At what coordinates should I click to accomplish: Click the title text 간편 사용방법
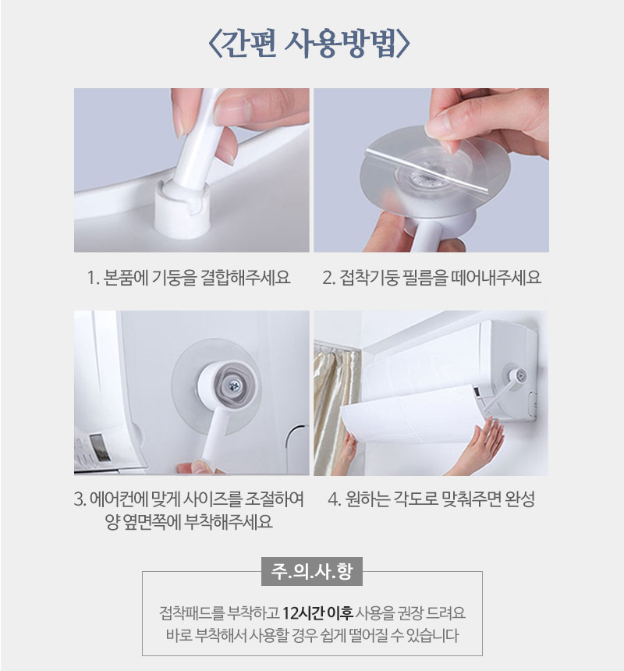tap(310, 44)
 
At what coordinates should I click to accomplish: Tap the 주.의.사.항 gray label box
tap(312, 571)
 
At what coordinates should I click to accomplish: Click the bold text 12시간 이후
tap(317, 612)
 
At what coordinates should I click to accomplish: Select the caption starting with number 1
tap(189, 277)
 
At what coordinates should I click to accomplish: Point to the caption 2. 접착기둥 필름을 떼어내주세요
tap(432, 277)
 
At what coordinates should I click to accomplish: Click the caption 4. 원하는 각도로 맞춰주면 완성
tap(431, 499)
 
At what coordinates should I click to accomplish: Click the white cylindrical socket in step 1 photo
tap(183, 206)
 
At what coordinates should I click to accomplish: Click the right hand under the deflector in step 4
tap(480, 447)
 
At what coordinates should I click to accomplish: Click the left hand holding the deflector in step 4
tap(347, 451)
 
